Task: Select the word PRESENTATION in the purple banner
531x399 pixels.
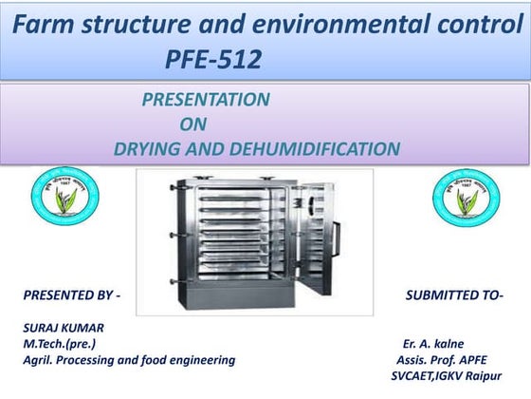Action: tap(206, 100)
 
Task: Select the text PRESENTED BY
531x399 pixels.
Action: tap(71, 295)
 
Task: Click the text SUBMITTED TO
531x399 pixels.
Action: tap(453, 295)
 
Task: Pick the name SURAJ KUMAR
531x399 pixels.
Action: tap(64, 328)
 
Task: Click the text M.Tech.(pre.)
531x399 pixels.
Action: tap(59, 343)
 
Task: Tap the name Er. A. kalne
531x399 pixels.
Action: tap(433, 343)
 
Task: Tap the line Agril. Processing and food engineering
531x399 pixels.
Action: tap(129, 360)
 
